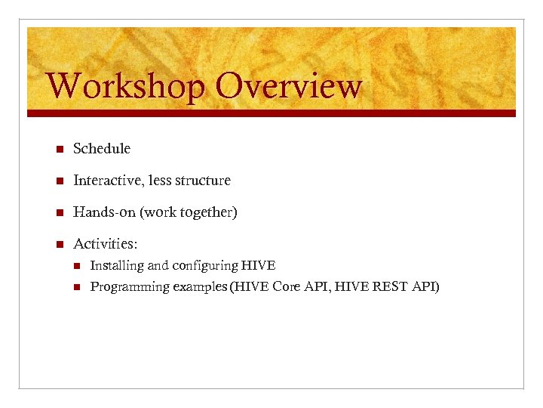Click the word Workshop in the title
124,86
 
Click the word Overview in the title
288,86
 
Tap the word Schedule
102,149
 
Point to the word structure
203,181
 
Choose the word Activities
105,244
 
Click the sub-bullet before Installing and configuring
75,265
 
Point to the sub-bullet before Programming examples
75,286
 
